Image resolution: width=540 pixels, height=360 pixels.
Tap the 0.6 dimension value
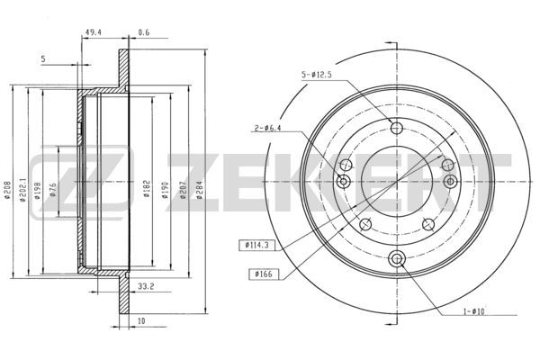(x=144, y=32)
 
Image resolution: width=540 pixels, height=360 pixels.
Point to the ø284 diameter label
(x=200, y=190)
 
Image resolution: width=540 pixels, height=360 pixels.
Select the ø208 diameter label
(x=7, y=190)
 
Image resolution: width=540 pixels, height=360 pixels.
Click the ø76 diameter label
(x=52, y=190)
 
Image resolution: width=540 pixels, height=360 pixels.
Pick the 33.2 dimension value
(x=146, y=286)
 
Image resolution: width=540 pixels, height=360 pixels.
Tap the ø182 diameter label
(x=147, y=188)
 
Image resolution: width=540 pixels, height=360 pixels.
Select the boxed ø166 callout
(x=264, y=274)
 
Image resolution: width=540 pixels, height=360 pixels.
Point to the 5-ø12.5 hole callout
(x=317, y=75)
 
